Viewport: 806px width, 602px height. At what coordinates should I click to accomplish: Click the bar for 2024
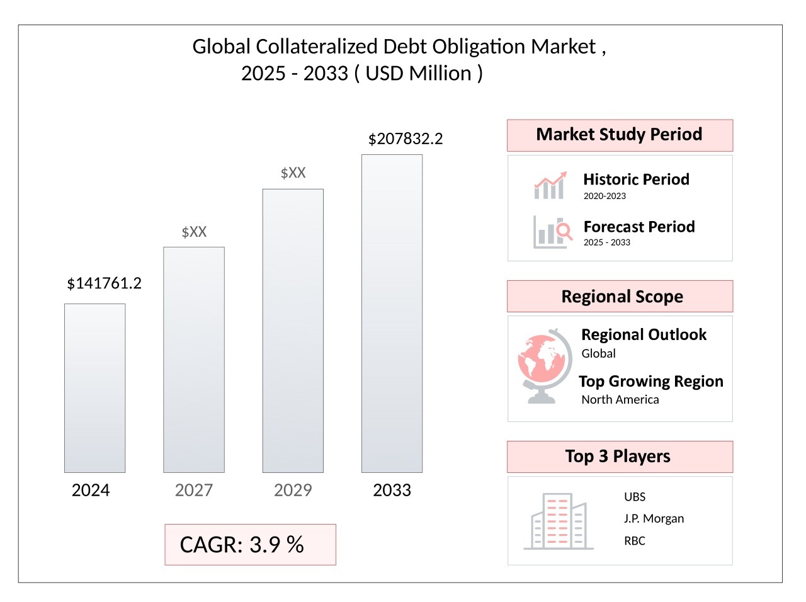[x=94, y=388]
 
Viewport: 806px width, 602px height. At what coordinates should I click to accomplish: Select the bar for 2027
[x=194, y=360]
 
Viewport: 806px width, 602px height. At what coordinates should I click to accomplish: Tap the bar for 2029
[x=293, y=331]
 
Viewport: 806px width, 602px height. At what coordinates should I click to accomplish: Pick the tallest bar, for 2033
[x=392, y=313]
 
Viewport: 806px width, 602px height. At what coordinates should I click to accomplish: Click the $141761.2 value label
[x=105, y=283]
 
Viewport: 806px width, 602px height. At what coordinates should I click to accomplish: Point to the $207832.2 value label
[x=406, y=139]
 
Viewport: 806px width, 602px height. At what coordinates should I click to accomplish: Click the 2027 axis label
[x=193, y=490]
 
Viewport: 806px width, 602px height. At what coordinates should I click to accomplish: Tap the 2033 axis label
[x=392, y=490]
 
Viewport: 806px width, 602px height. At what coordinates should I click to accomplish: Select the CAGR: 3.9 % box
[x=251, y=544]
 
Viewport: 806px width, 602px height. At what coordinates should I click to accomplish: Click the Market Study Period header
[x=620, y=135]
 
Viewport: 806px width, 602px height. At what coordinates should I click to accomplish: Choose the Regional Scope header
[x=620, y=296]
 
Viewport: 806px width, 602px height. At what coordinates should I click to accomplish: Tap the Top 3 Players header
[x=620, y=457]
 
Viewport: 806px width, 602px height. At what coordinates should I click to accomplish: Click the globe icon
[x=545, y=366]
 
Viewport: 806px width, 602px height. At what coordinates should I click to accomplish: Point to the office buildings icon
[x=559, y=521]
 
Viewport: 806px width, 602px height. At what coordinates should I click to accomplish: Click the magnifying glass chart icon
[x=553, y=232]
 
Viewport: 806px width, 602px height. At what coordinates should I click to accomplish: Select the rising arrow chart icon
[x=550, y=185]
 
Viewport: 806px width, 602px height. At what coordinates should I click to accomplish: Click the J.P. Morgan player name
[x=654, y=519]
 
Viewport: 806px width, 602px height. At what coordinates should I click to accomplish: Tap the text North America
[x=620, y=399]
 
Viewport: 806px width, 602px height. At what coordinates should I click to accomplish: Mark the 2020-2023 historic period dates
[x=604, y=196]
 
